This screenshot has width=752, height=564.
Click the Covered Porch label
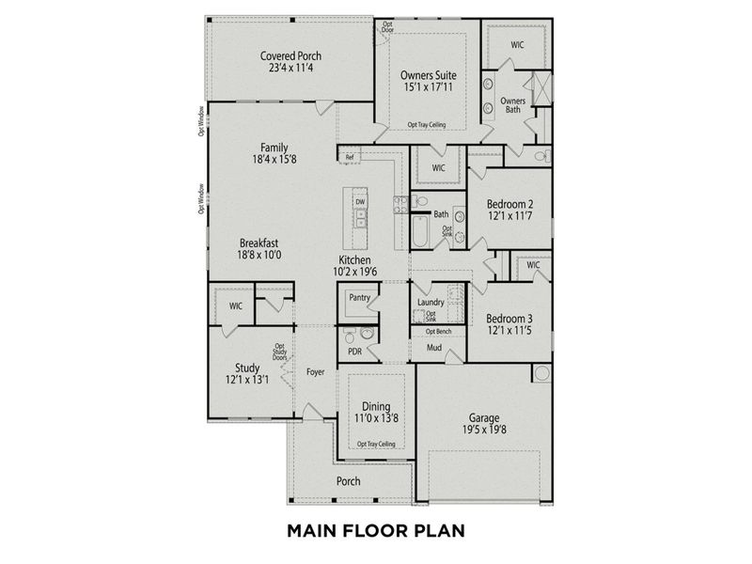(291, 56)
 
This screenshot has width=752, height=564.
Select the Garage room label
(483, 417)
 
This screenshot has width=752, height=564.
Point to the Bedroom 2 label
(509, 204)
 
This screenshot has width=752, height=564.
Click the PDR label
(355, 352)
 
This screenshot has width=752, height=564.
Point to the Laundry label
(431, 302)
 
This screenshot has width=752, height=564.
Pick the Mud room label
(433, 348)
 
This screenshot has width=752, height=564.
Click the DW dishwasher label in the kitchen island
(360, 202)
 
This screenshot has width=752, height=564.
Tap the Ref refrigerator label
(349, 157)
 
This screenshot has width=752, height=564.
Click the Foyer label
(315, 371)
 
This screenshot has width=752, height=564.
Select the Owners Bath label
(512, 104)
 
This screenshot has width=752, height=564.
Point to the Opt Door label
(387, 25)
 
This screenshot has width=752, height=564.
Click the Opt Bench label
(438, 332)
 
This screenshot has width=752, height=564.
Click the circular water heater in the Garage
(541, 374)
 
